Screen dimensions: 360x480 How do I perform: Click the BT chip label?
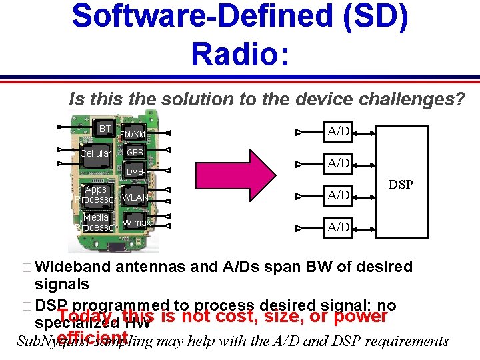point(105,128)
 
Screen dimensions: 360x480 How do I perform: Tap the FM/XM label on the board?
point(133,135)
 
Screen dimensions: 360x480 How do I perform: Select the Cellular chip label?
point(96,154)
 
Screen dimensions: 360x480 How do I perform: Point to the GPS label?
point(135,152)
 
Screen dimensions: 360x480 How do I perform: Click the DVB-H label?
point(138,172)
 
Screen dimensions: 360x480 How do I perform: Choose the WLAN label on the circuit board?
point(135,198)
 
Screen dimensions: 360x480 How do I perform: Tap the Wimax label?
point(137,223)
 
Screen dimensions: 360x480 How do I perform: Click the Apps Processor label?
point(97,195)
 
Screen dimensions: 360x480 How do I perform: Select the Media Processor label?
point(97,222)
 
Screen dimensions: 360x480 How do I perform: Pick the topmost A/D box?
point(339,131)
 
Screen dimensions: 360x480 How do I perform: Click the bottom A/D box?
point(339,227)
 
